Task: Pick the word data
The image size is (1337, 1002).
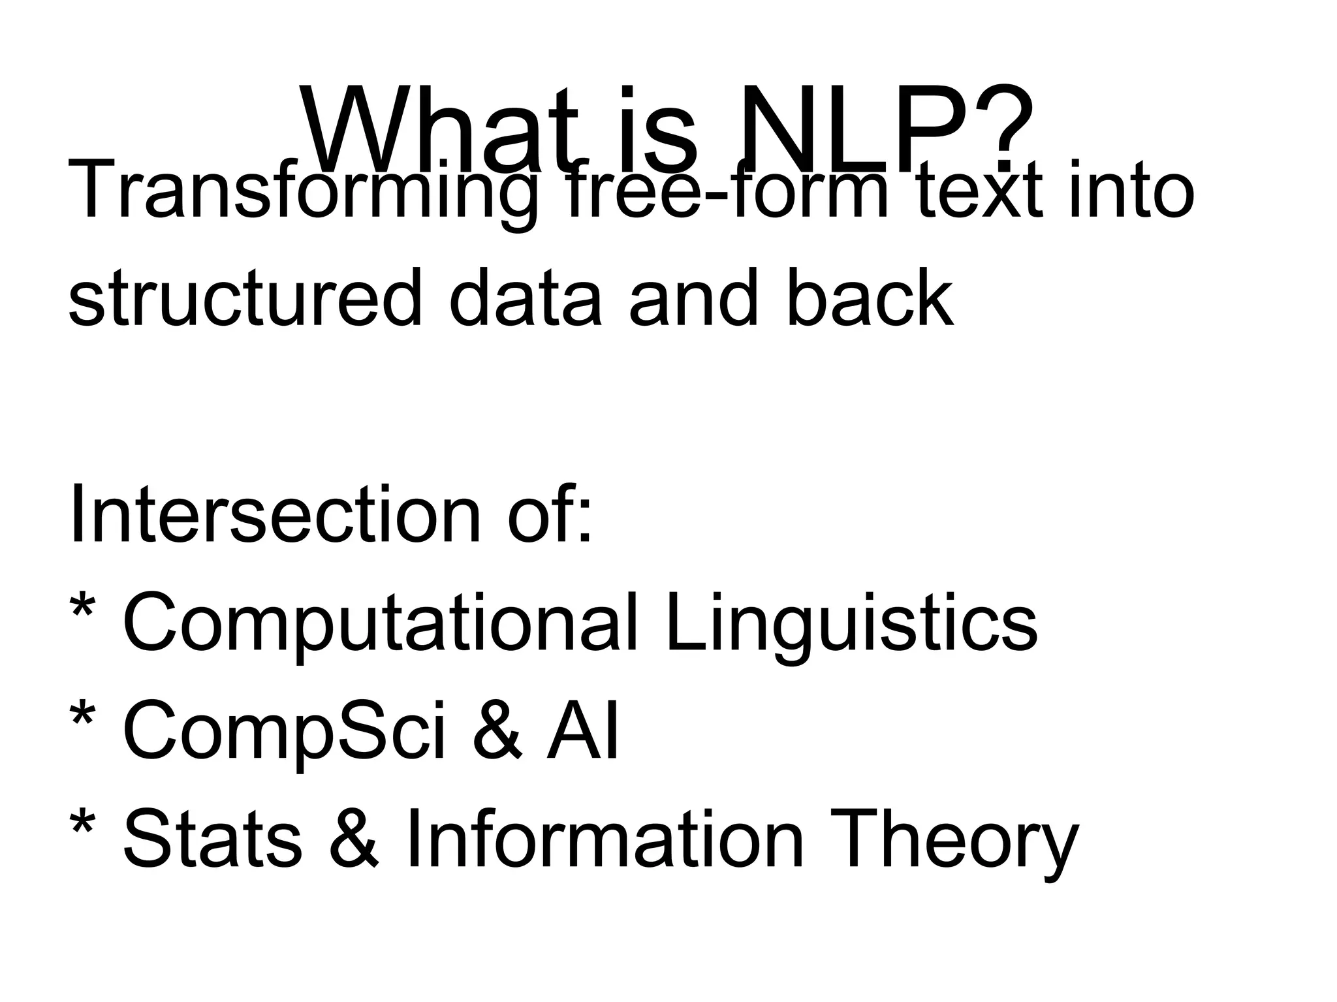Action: [x=525, y=299]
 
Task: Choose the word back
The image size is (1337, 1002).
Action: [x=869, y=299]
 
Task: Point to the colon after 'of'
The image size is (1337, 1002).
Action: [x=583, y=522]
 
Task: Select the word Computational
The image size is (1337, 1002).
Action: [x=379, y=623]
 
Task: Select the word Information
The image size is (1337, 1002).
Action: [x=605, y=838]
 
